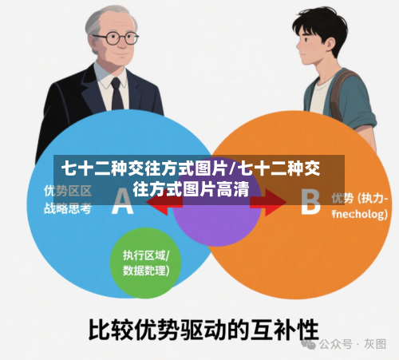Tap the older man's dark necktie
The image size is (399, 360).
pyautogui.click(x=117, y=93)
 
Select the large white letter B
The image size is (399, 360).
pyautogui.click(x=310, y=201)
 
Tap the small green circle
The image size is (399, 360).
pyautogui.click(x=146, y=263)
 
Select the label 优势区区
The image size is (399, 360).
pyautogui.click(x=68, y=192)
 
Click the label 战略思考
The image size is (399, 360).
pyautogui.click(x=68, y=209)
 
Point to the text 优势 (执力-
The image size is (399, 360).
pyautogui.click(x=360, y=197)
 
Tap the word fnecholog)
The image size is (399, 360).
pyautogui.click(x=360, y=214)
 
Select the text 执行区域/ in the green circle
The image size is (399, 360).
pyautogui.click(x=146, y=255)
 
